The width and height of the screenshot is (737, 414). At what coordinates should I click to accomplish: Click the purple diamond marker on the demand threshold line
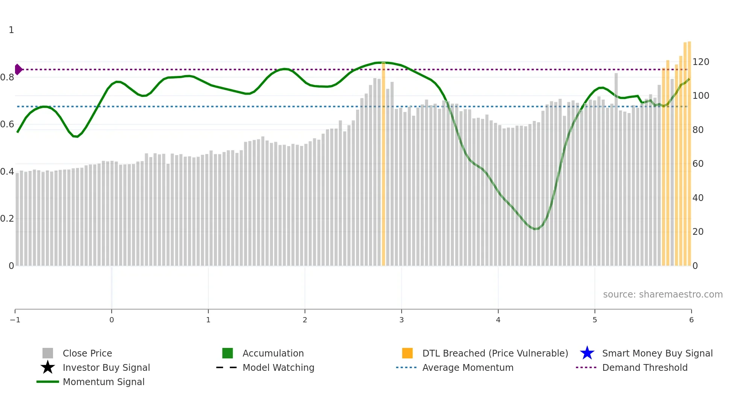point(18,70)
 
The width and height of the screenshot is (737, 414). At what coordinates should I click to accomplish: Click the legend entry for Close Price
point(87,353)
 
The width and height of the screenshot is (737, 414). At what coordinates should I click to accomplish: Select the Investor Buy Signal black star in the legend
point(48,367)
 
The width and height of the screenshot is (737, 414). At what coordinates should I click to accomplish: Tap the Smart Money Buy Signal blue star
point(587,353)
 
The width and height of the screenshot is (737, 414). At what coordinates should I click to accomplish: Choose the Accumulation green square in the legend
point(227,353)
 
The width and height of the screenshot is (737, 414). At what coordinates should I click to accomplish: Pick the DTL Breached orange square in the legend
point(407,353)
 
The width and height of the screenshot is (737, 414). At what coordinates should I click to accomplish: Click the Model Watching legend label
point(278,367)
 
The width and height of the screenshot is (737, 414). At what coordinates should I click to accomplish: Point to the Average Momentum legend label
point(468,367)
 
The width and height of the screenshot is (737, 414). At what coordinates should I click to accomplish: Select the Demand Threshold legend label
point(644,367)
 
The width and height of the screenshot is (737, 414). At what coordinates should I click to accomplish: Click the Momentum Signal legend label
point(103,382)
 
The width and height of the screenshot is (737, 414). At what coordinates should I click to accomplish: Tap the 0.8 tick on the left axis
point(7,77)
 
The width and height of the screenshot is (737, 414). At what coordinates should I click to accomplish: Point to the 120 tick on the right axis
point(701,62)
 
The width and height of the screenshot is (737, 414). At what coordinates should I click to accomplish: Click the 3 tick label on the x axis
point(402,320)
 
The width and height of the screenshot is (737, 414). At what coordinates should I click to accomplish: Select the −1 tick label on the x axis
point(15,320)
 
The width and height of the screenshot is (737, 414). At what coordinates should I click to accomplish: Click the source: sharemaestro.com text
point(663,294)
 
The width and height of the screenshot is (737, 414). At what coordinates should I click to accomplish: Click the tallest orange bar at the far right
point(689,154)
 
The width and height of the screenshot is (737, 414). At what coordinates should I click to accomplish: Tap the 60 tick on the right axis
point(698,164)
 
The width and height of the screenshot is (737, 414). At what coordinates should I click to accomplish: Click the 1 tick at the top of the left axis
point(11,30)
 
